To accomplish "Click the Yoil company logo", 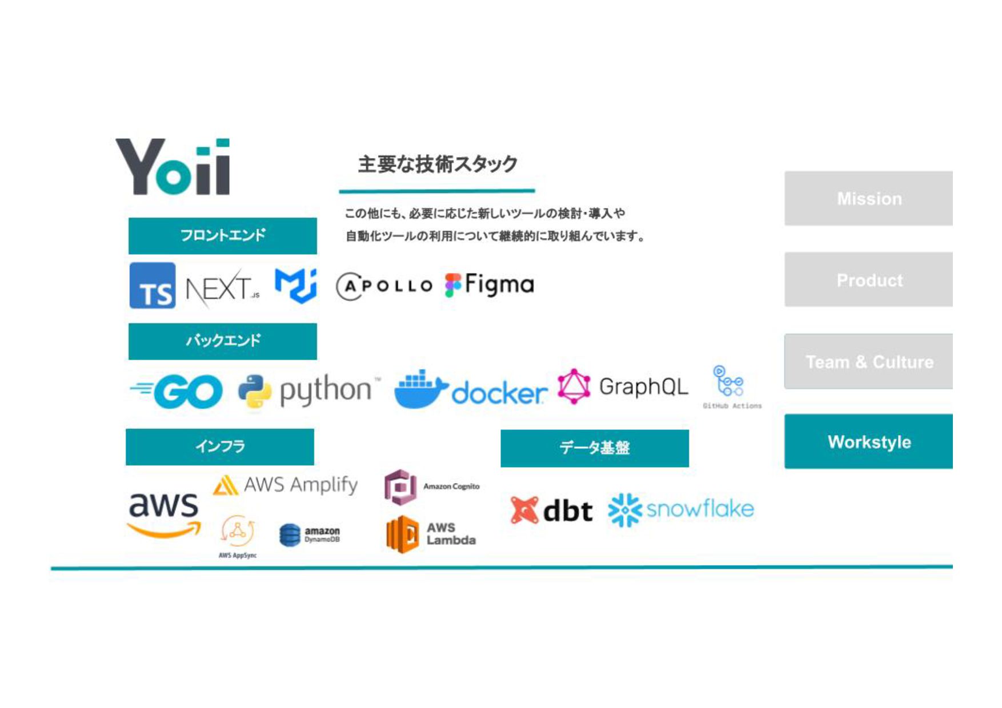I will (x=173, y=167).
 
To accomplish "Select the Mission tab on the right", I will (x=868, y=198).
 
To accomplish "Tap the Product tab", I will (x=868, y=280).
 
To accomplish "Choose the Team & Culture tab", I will (x=868, y=361).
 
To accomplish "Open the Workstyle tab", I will (x=868, y=441).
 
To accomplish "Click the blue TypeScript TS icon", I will (x=153, y=285).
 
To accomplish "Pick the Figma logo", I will (x=490, y=284).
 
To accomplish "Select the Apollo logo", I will (x=384, y=286).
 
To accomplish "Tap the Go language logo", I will (x=177, y=392).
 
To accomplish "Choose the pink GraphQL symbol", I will (x=574, y=387).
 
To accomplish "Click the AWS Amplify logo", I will (x=285, y=485).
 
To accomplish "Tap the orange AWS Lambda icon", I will (x=402, y=534).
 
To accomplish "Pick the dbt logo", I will (x=551, y=510).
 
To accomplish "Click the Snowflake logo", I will (x=680, y=509).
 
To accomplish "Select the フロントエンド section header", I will (x=222, y=235).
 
